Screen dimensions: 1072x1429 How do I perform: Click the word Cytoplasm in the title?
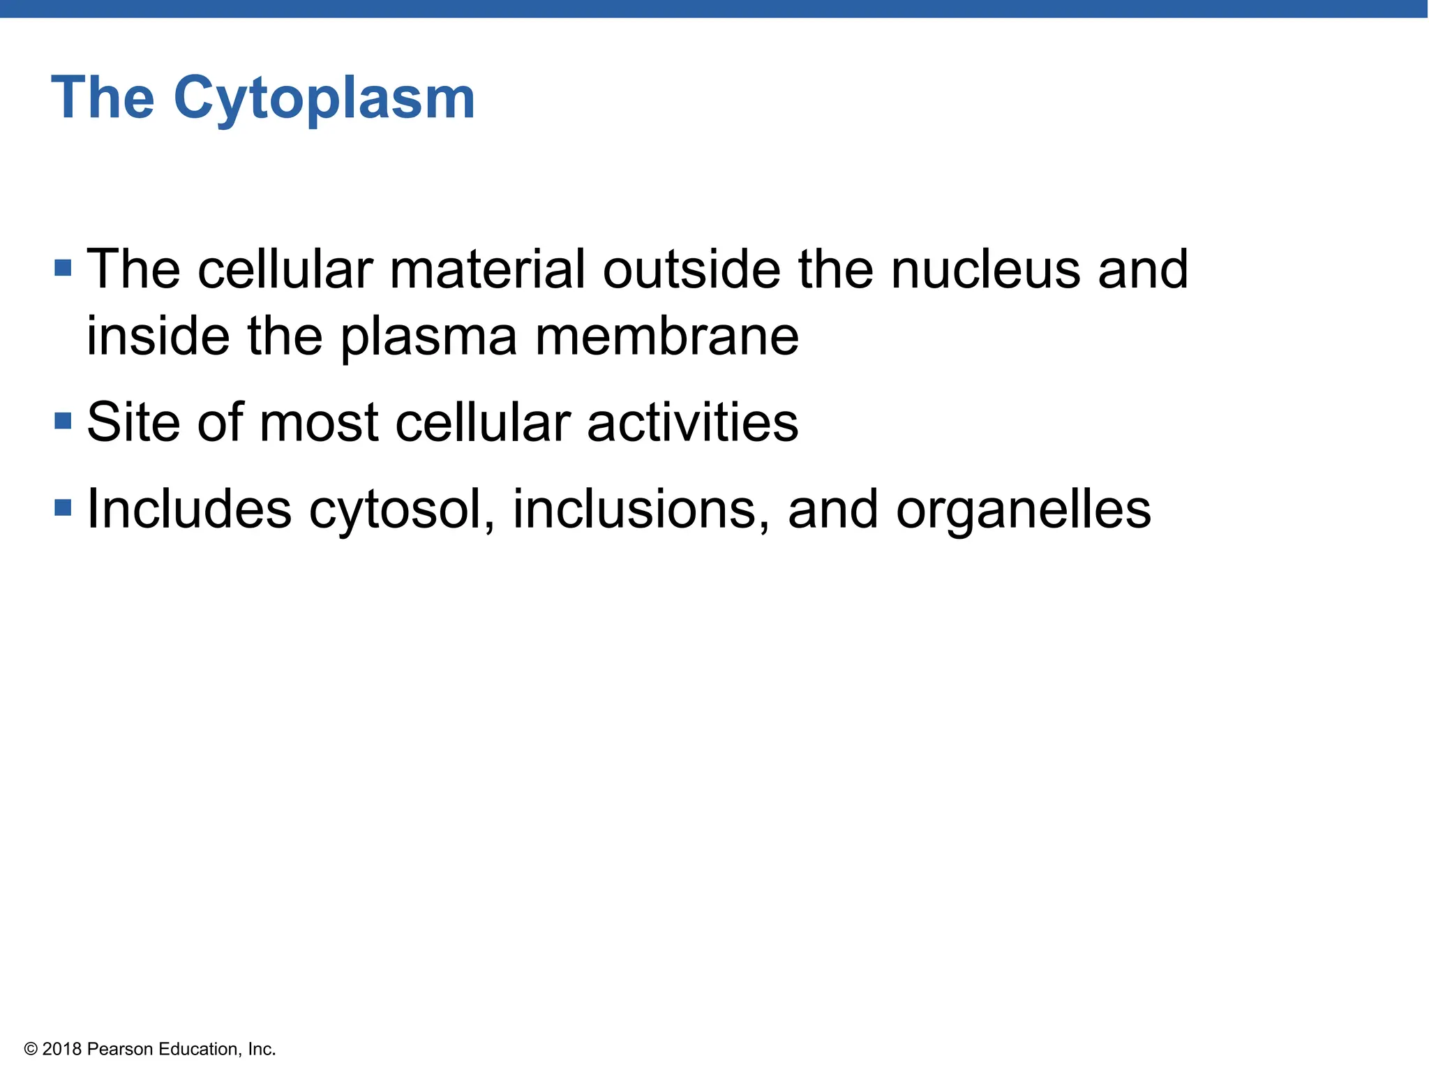324,99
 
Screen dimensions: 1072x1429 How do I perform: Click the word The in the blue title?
103,98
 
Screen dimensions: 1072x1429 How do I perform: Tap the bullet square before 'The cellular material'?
63,268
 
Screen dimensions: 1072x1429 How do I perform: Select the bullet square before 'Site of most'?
63,421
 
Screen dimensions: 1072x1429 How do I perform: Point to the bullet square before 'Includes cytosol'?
63,507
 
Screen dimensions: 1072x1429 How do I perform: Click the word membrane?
666,336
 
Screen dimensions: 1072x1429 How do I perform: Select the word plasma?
428,338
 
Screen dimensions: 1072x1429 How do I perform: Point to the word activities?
692,422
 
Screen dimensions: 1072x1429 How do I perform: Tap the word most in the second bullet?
318,424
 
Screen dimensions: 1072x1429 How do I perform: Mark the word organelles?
1023,509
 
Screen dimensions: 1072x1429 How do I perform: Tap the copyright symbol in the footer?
31,1049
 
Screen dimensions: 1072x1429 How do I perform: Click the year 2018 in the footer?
62,1049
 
